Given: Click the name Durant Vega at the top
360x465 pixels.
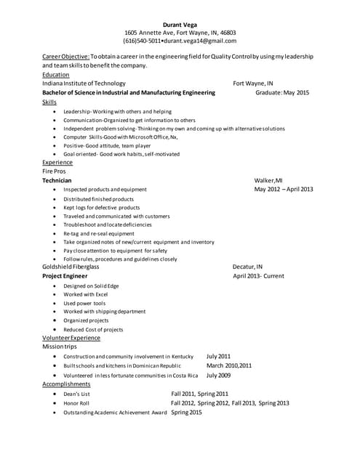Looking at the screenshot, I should pos(180,23).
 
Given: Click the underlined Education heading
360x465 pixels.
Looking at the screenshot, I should pos(56,74).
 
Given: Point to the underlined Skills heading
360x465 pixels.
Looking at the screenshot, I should pos(49,102).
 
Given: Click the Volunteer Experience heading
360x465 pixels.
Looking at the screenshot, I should pos(71,338).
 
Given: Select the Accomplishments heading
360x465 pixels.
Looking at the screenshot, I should pos(66,384).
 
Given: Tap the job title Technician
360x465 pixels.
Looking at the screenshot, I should pos(57,180).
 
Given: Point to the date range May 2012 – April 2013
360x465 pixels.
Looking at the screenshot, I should pos(284,189).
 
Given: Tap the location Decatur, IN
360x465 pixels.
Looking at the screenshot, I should pos(247,267).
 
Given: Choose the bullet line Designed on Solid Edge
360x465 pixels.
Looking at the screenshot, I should pos(90,286).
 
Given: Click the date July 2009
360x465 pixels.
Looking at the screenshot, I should pos(218,375).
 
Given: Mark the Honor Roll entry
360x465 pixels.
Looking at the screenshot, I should pos(76,403).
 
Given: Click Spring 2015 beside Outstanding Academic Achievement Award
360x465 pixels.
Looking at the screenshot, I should pos(186,412).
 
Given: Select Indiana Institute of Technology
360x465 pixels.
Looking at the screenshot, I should pos(84,84).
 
